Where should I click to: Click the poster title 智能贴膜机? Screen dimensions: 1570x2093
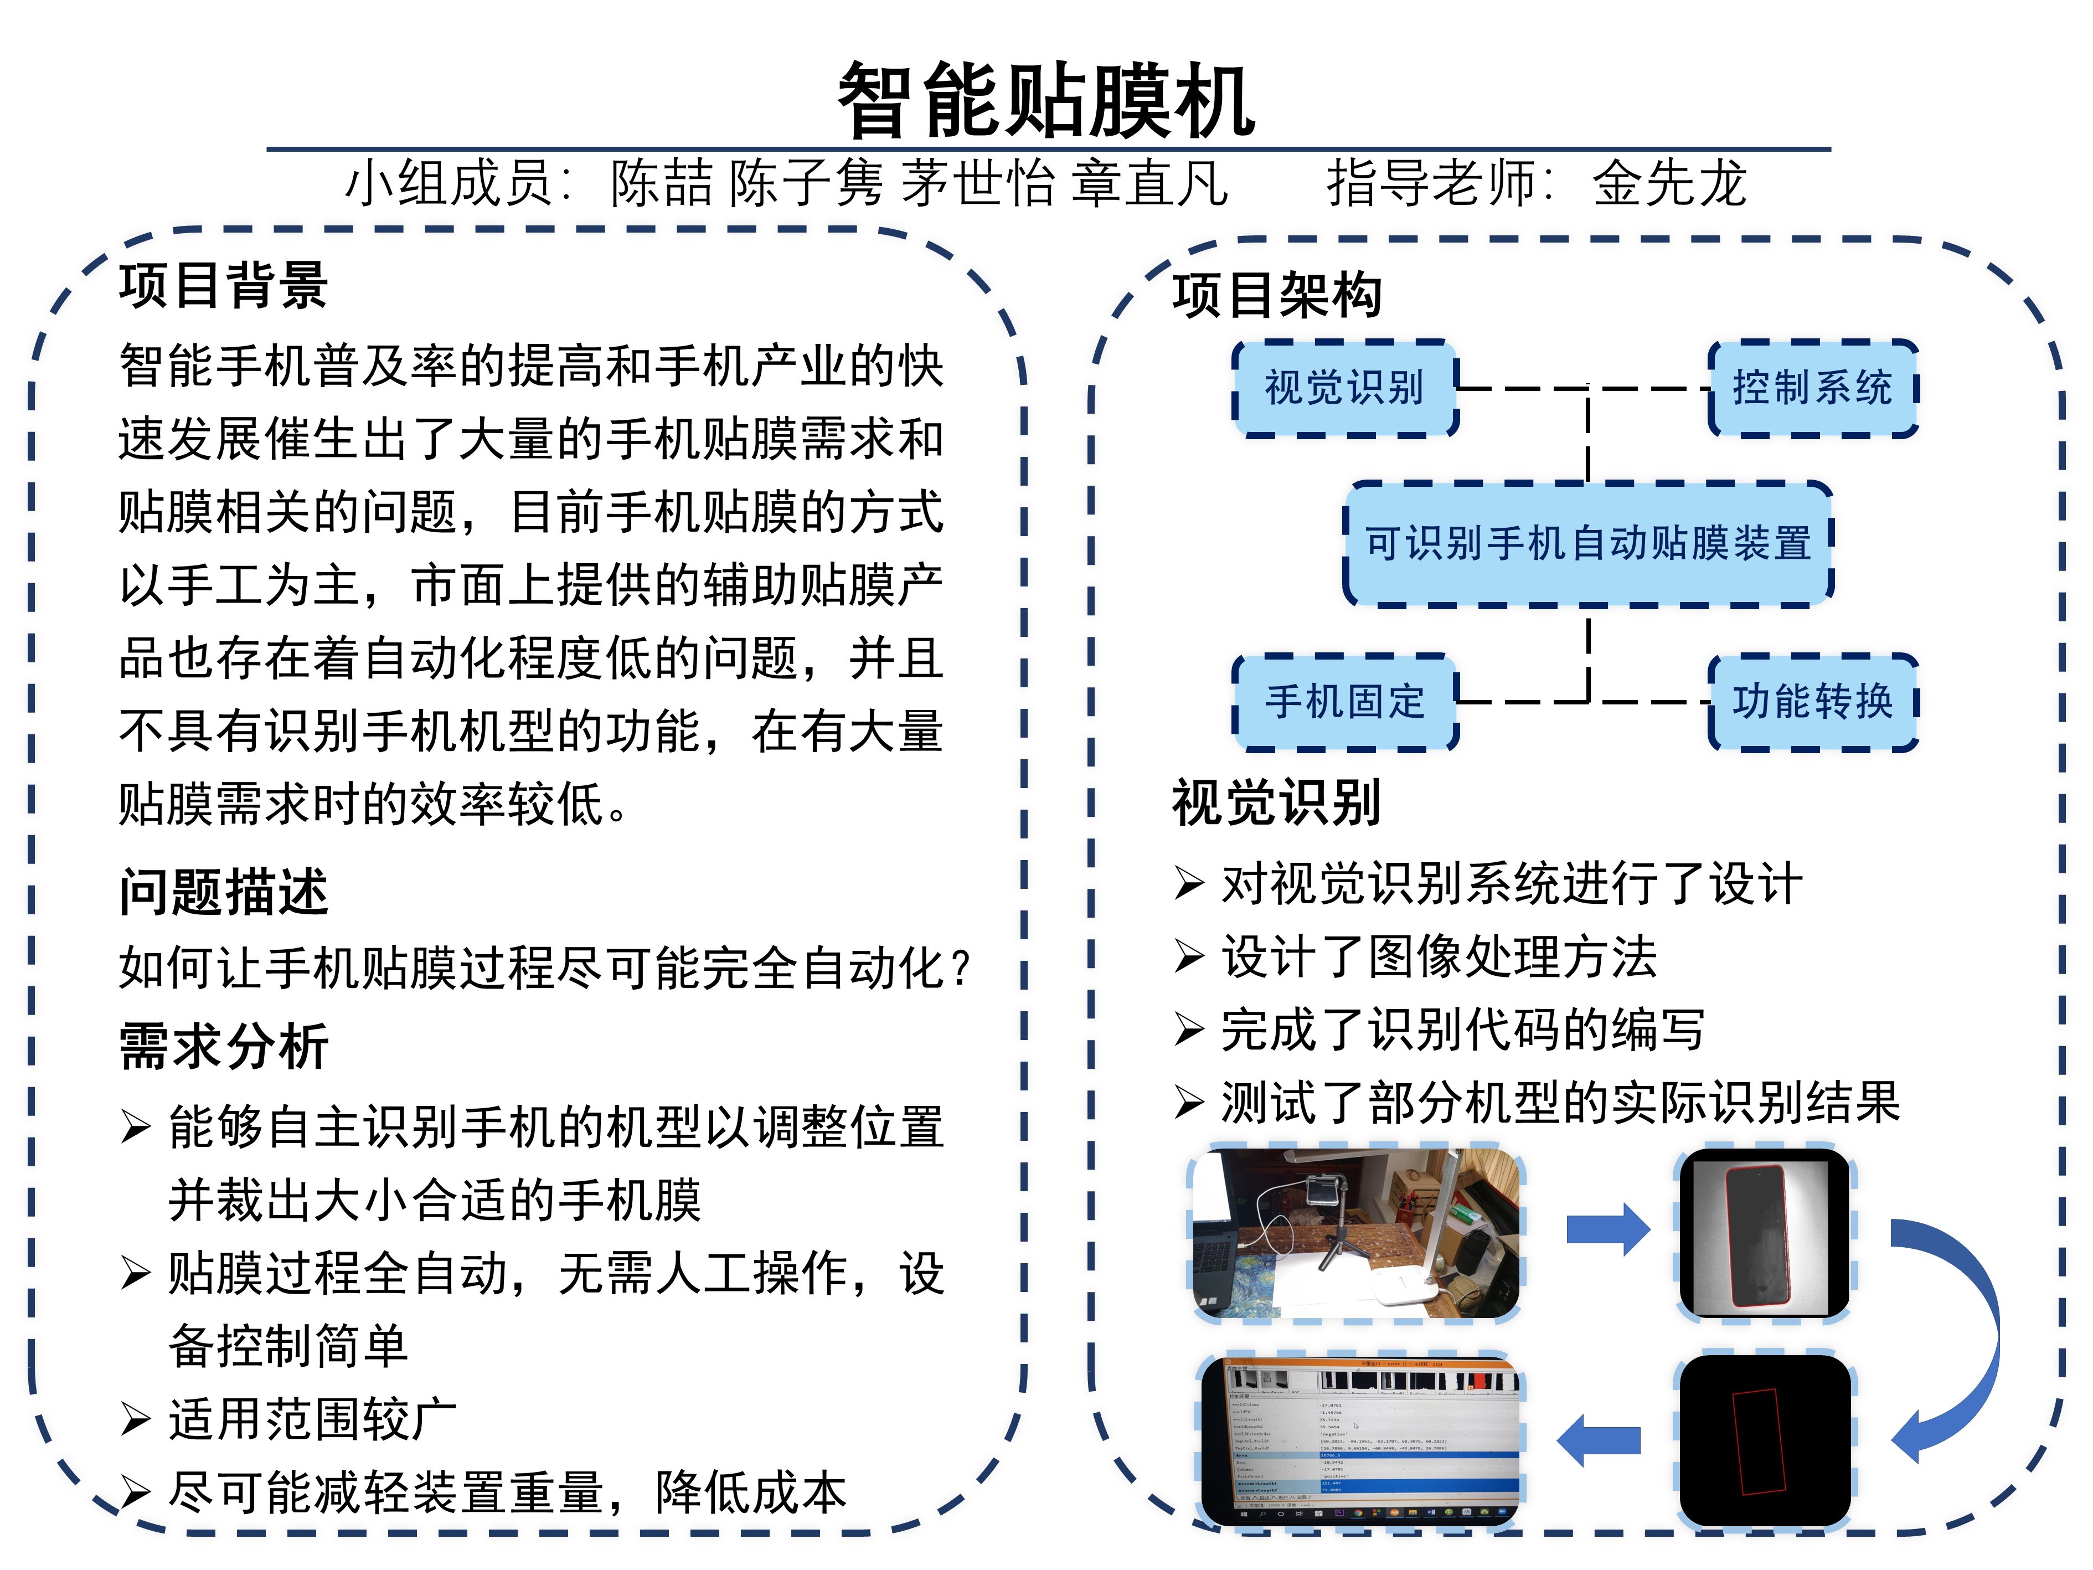point(1045,99)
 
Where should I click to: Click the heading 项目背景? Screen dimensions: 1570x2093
point(223,286)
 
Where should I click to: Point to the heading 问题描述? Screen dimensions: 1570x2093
point(223,892)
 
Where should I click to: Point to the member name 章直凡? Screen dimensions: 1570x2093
point(1149,183)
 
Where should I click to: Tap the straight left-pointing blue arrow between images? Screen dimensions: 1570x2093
point(1599,1440)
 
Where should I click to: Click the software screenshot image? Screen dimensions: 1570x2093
point(1360,1440)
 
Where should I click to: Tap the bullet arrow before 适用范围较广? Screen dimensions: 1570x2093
point(135,1419)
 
